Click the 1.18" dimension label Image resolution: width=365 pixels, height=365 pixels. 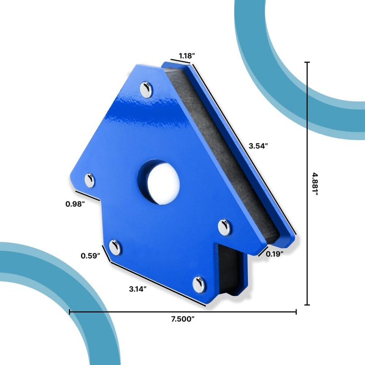[x=187, y=56]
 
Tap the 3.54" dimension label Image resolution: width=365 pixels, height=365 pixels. [x=258, y=146]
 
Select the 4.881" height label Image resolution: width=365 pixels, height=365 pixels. [x=315, y=184]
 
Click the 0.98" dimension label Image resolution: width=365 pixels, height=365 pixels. [x=75, y=204]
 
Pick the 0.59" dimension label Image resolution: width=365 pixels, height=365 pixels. [x=90, y=255]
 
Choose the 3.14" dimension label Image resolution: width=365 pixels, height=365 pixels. [x=138, y=289]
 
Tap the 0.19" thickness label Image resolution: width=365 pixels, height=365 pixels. [x=275, y=254]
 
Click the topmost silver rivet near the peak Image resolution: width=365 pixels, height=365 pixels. [x=146, y=89]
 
